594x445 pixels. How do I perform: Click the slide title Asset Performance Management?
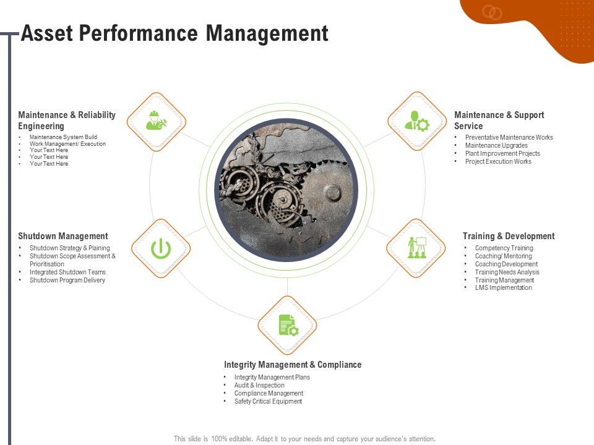coord(174,33)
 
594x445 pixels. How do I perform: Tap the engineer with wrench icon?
coord(156,121)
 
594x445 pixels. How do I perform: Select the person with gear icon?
coord(416,121)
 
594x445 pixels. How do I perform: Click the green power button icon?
coord(161,248)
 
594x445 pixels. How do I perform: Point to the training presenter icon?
coord(416,248)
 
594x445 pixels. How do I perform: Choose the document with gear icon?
coord(288,325)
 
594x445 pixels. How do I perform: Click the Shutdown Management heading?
coord(63,236)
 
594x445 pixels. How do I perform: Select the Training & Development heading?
coord(509,236)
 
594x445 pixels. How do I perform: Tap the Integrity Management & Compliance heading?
coord(293,365)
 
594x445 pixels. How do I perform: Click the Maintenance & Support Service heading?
coord(499,121)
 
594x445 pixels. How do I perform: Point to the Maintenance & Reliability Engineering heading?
coord(67,121)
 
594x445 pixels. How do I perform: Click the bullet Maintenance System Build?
coord(63,137)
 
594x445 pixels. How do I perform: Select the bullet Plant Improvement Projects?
coord(502,153)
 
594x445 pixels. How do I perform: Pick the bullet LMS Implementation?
coord(503,288)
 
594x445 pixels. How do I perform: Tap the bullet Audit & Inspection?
coord(259,385)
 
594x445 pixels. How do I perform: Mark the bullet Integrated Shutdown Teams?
coord(67,272)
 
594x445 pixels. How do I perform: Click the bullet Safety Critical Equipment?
coord(268,401)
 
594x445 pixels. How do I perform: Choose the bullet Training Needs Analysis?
coord(507,272)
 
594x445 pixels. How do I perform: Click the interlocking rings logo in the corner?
coord(493,12)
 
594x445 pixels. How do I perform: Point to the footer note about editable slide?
coord(304,438)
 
